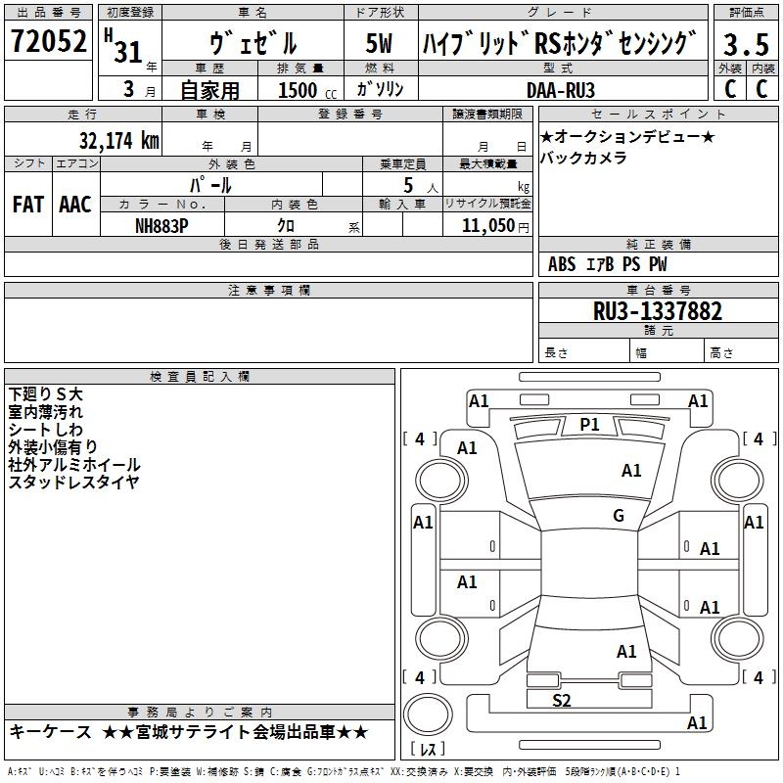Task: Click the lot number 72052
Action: tap(49, 41)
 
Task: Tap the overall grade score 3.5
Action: tap(746, 44)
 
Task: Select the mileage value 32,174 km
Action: tap(118, 140)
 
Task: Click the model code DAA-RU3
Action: tap(561, 90)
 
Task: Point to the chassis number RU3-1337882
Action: tap(657, 311)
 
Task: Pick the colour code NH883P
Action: tap(161, 226)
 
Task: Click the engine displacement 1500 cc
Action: tap(307, 90)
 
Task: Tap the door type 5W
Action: tap(379, 43)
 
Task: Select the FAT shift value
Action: tap(28, 205)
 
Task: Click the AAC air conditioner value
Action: tap(75, 205)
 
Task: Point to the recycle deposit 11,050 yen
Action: tap(495, 226)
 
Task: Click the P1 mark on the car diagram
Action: tap(589, 425)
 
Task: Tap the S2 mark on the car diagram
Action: tap(561, 701)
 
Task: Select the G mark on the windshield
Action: tap(619, 515)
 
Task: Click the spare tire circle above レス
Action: tap(428, 714)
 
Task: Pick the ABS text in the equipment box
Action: tap(562, 264)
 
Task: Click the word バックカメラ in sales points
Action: tap(583, 158)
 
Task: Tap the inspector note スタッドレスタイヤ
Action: tap(73, 482)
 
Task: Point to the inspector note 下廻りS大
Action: tap(45, 394)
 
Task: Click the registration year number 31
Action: tap(128, 52)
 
